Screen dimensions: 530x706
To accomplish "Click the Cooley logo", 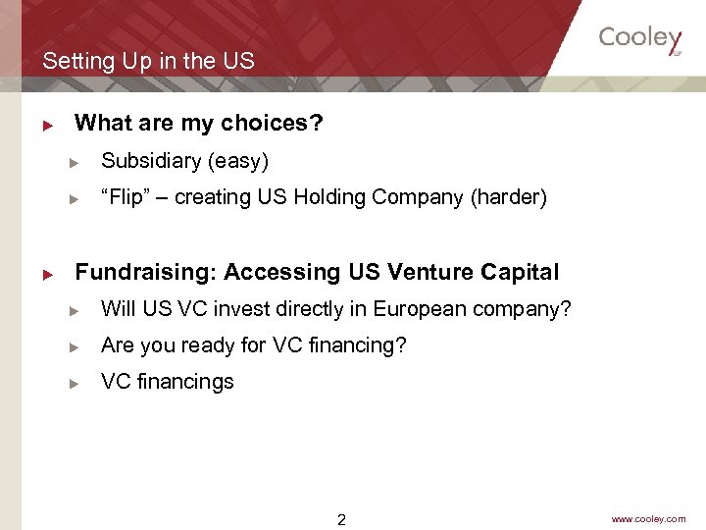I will pyautogui.click(x=640, y=39).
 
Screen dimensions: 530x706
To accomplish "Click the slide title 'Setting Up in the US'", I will pyautogui.click(x=148, y=61).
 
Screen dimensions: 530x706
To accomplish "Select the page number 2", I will pyautogui.click(x=341, y=520).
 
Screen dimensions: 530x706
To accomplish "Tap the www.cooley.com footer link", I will pyautogui.click(x=648, y=519).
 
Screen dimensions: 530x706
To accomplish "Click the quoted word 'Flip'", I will pyautogui.click(x=123, y=197).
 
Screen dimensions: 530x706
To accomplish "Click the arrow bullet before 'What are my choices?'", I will pyautogui.click(x=46, y=125).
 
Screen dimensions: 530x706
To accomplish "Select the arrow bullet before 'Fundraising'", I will pyautogui.click(x=46, y=273).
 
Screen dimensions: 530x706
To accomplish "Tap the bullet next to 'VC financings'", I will pyautogui.click(x=73, y=383).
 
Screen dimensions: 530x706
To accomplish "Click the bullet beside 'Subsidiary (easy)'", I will pyautogui.click(x=73, y=162).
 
